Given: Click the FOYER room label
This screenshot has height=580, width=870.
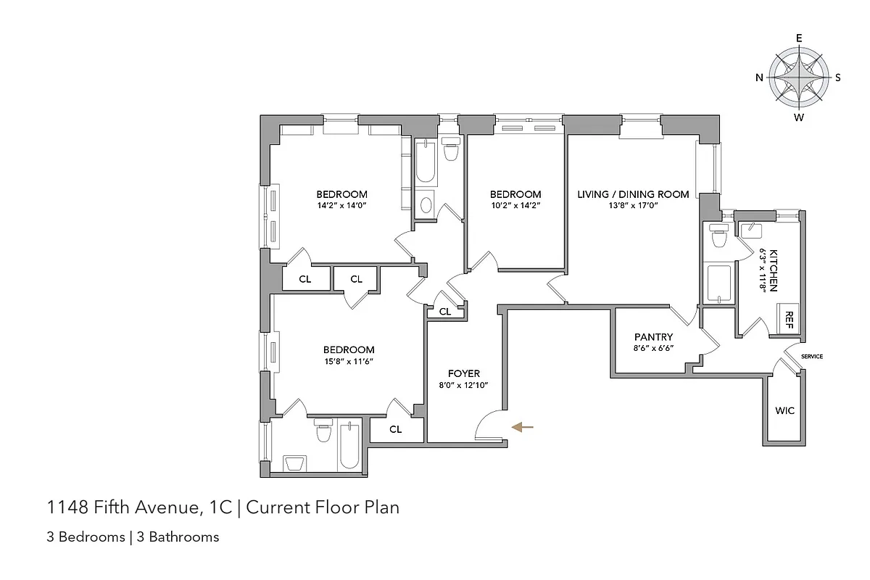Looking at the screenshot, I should coord(463,373).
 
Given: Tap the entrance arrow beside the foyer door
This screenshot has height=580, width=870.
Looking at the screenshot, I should coord(522,428).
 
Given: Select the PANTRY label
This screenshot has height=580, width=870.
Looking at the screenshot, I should coord(653,337).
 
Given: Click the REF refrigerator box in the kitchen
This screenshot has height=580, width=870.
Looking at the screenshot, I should coord(788,318).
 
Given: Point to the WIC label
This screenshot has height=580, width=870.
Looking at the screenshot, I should coord(784,411).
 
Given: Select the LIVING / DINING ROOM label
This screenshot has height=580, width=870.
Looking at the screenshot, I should coord(632,194).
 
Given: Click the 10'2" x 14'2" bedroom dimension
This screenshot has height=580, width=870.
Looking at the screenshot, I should coord(515,206).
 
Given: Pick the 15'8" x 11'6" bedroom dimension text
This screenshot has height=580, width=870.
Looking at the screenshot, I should coord(349,361).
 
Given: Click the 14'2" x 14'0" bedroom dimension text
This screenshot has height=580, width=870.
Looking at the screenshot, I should coord(341,206).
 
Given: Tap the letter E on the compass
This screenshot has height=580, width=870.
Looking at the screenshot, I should coord(799,38).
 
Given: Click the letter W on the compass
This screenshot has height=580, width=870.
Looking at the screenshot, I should coord(799,117).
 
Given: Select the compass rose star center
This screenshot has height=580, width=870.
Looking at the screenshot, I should coord(799,78).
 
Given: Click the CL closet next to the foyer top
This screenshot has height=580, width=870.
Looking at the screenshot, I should coord(444,312).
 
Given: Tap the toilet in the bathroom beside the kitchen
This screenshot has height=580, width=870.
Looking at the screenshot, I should coord(719,237).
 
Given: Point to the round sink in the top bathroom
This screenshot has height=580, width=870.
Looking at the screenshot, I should coord(426,204).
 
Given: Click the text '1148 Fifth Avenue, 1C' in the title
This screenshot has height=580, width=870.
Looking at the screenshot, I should coord(140,507).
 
